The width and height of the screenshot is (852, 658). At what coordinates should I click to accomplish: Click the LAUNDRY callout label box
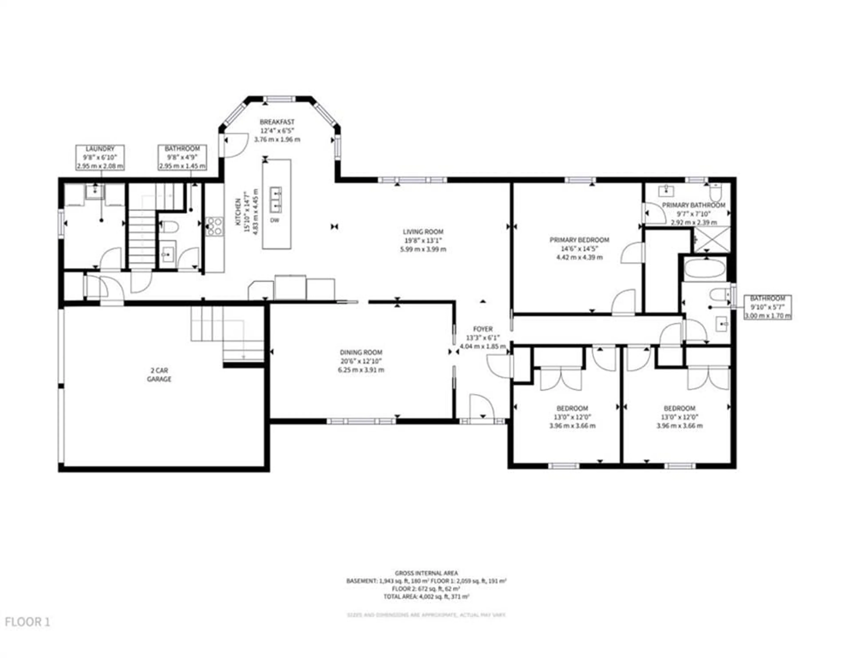click(100, 157)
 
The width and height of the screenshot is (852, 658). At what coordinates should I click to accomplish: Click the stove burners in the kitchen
click(215, 226)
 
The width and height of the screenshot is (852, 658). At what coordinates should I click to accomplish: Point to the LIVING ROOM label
click(423, 231)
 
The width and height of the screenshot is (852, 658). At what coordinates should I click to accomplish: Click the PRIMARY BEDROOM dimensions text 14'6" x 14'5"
click(579, 249)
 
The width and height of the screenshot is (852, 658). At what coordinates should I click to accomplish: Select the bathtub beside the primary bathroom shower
click(704, 269)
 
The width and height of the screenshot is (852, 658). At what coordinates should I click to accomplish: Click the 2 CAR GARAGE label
click(159, 375)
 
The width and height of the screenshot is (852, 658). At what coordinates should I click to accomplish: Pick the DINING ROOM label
click(361, 352)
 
